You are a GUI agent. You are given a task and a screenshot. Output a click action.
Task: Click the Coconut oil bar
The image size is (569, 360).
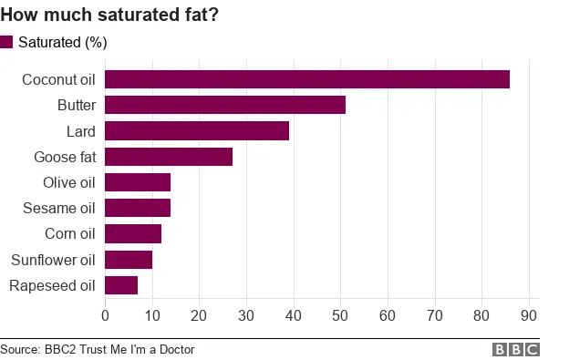point(307,79)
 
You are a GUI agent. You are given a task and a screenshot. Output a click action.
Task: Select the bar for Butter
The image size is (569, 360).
point(225,105)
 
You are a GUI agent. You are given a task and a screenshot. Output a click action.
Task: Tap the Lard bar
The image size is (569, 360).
point(197,130)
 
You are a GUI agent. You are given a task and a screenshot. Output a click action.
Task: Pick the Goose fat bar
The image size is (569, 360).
point(169,156)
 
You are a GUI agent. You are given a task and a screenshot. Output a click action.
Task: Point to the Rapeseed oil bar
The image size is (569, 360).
point(121,285)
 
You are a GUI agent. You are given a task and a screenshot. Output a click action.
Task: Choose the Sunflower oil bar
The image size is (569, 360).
point(129,260)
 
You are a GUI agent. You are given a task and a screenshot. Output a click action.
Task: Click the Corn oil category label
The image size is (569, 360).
point(69,234)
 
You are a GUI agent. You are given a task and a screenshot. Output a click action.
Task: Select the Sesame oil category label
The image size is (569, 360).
point(58,208)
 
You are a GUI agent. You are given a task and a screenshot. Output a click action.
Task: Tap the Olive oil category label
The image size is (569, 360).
point(68,182)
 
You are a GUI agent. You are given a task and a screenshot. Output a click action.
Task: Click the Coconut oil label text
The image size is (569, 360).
point(57,79)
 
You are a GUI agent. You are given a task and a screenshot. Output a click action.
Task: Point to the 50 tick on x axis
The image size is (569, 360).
point(340,315)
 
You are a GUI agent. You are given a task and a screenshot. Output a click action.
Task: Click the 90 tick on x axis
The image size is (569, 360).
point(528,315)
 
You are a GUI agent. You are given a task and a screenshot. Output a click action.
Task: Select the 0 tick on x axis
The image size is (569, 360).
point(105,315)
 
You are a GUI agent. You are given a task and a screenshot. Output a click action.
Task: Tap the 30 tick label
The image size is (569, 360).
point(246,315)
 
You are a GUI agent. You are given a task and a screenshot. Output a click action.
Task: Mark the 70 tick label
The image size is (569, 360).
point(434,315)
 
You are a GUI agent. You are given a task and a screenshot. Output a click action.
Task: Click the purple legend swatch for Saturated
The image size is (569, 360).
point(7,42)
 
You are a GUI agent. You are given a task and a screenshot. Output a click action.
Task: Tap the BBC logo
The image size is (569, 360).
point(516,350)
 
